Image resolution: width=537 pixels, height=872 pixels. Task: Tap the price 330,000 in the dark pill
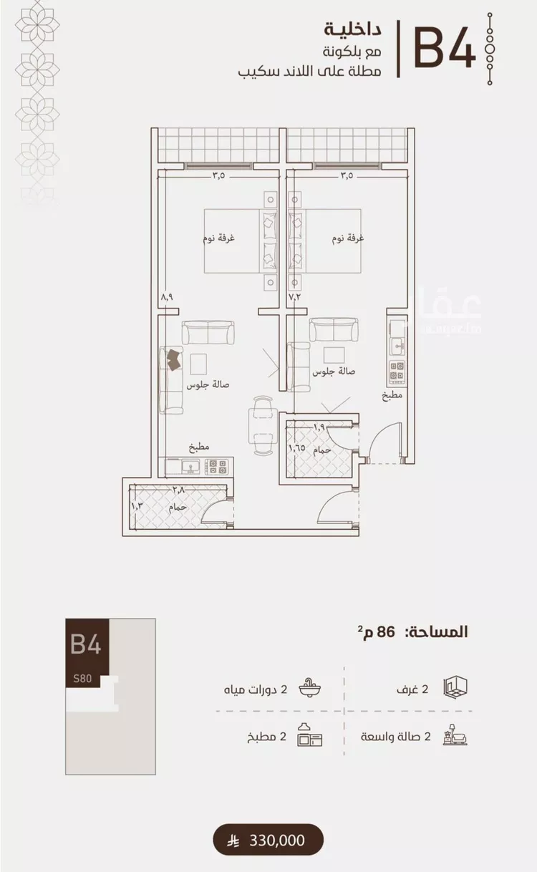277,840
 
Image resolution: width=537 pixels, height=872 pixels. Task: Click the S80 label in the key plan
82,679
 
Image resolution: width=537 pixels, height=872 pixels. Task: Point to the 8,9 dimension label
167,297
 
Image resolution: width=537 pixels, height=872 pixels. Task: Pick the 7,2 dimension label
294,296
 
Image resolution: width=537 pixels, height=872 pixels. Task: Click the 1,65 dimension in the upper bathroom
296,447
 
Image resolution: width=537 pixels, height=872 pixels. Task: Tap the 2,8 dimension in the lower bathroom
178,490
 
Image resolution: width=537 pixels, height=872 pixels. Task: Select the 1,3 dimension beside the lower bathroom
137,506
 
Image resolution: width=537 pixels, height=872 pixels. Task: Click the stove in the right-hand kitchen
397,371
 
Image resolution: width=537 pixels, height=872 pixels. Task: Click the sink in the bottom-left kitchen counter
189,467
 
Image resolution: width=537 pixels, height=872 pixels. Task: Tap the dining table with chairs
263,425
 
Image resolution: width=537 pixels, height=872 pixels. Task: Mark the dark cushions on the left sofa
174,359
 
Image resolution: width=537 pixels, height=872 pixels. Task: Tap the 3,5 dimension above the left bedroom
219,175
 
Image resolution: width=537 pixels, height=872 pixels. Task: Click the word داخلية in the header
352,30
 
